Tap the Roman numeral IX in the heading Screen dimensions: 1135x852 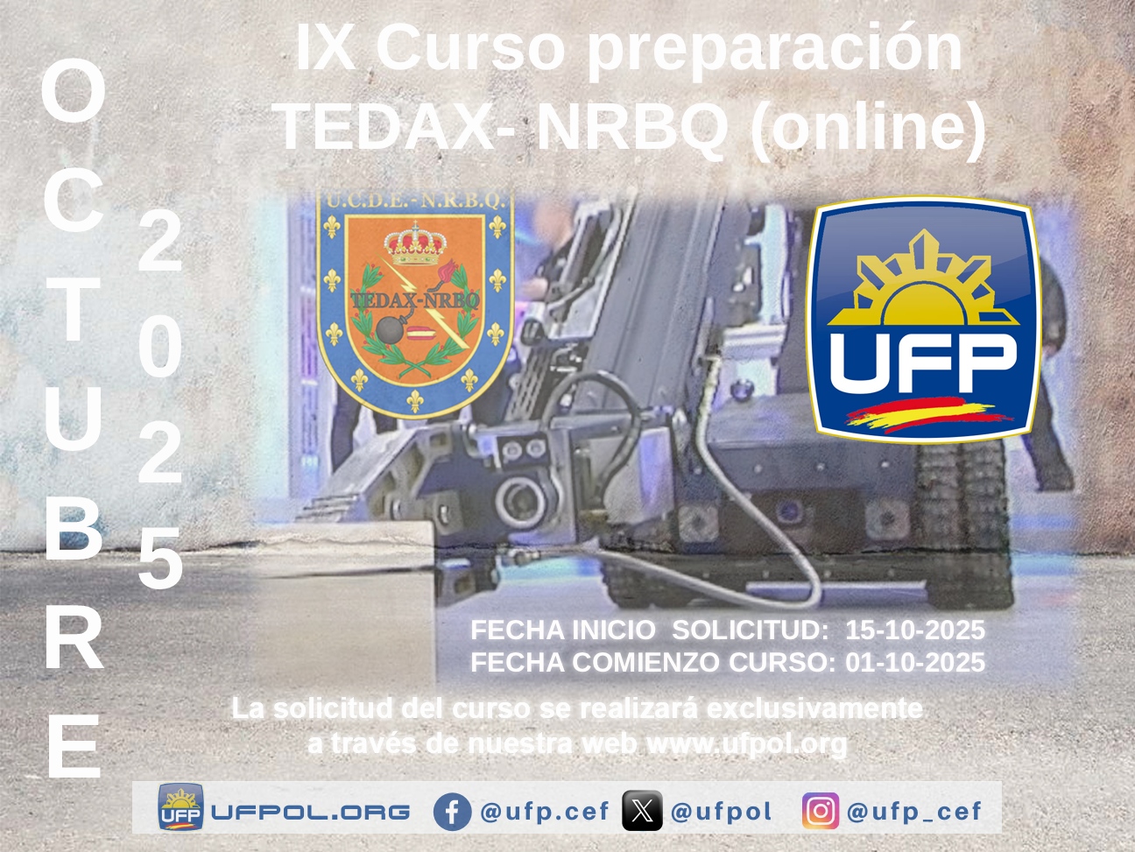(325, 47)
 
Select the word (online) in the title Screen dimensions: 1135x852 (868, 130)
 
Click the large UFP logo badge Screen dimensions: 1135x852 (924, 319)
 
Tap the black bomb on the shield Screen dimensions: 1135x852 (391, 330)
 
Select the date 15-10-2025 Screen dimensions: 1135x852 (915, 630)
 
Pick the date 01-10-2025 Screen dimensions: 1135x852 (915, 662)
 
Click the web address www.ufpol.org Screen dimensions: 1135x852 (747, 743)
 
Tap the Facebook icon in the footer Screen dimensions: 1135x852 (452, 812)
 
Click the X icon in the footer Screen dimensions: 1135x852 (642, 811)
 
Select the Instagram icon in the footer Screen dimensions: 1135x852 (821, 811)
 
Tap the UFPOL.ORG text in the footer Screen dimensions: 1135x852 (311, 813)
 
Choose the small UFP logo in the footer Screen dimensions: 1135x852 (180, 807)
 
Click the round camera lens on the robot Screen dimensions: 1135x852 (520, 501)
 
